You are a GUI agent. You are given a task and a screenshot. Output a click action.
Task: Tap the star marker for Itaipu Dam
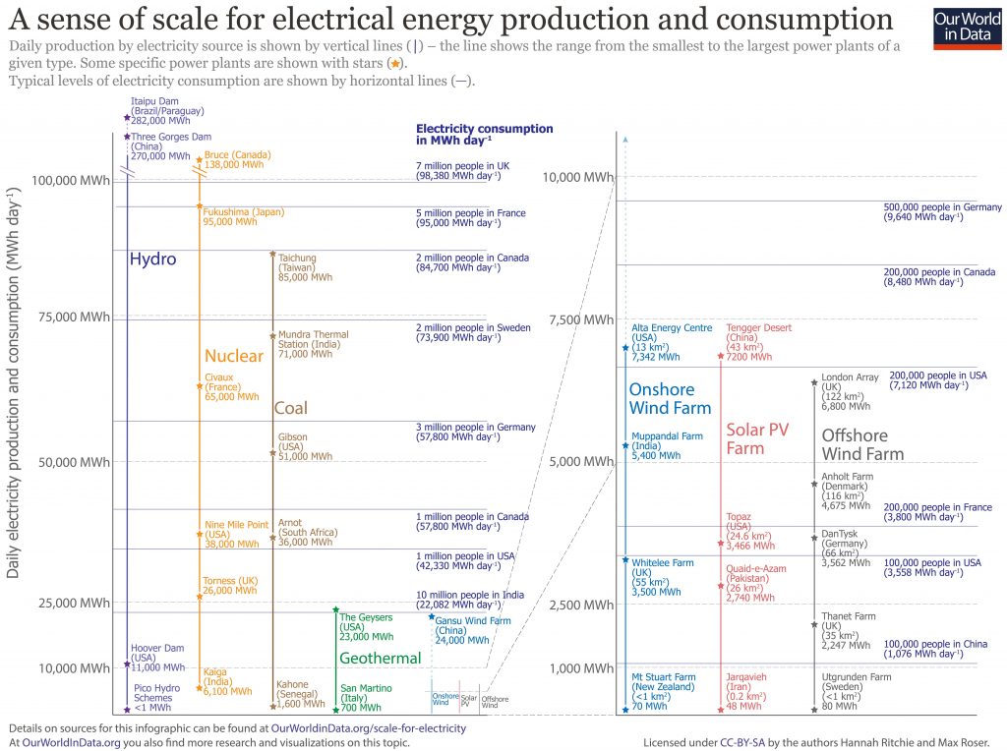(127, 117)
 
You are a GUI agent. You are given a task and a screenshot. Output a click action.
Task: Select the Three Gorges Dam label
(157, 146)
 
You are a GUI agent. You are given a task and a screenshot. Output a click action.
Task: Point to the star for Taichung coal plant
(272, 254)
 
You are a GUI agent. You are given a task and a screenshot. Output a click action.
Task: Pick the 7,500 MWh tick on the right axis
(579, 319)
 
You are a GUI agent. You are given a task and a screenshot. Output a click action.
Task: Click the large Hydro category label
(152, 260)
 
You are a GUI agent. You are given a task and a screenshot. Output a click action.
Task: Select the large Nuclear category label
(233, 356)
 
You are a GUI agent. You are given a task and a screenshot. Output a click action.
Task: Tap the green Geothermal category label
(380, 658)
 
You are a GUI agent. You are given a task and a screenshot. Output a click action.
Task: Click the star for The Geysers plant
(335, 609)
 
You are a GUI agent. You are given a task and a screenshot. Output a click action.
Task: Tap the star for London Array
(814, 382)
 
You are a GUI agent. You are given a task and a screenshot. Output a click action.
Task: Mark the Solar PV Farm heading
(758, 438)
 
